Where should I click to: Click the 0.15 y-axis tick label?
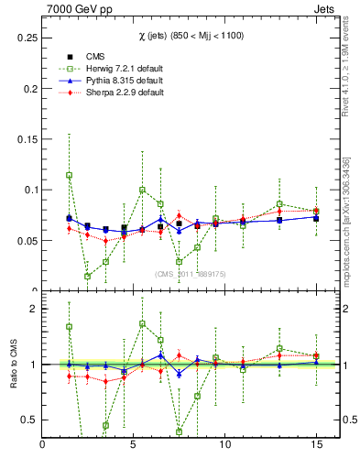point(29,139)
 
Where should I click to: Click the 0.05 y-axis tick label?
point(29,241)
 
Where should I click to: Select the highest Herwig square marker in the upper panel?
point(69,175)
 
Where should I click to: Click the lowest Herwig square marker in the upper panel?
point(87,276)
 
